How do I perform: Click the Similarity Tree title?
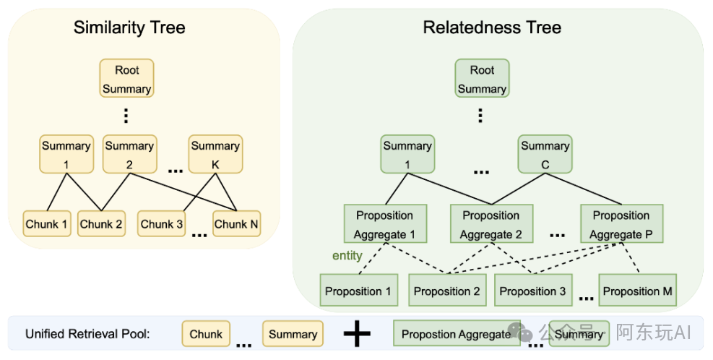129,27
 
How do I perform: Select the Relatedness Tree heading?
492,27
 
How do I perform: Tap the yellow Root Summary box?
127,78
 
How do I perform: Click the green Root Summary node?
482,78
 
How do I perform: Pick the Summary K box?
215,154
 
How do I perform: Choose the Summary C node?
545,154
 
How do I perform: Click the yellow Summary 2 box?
129,154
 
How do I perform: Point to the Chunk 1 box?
47,223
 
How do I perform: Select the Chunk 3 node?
161,223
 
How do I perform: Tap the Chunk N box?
236,223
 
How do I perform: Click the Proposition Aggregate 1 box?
385,223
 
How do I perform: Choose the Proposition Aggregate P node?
621,223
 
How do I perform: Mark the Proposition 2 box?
447,291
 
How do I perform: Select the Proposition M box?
638,291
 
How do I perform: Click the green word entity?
347,256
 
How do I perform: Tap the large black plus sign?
357,334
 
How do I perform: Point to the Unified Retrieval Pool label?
87,334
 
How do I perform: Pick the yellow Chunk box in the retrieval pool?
206,334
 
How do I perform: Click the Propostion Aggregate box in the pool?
457,333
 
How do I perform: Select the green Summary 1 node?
407,154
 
